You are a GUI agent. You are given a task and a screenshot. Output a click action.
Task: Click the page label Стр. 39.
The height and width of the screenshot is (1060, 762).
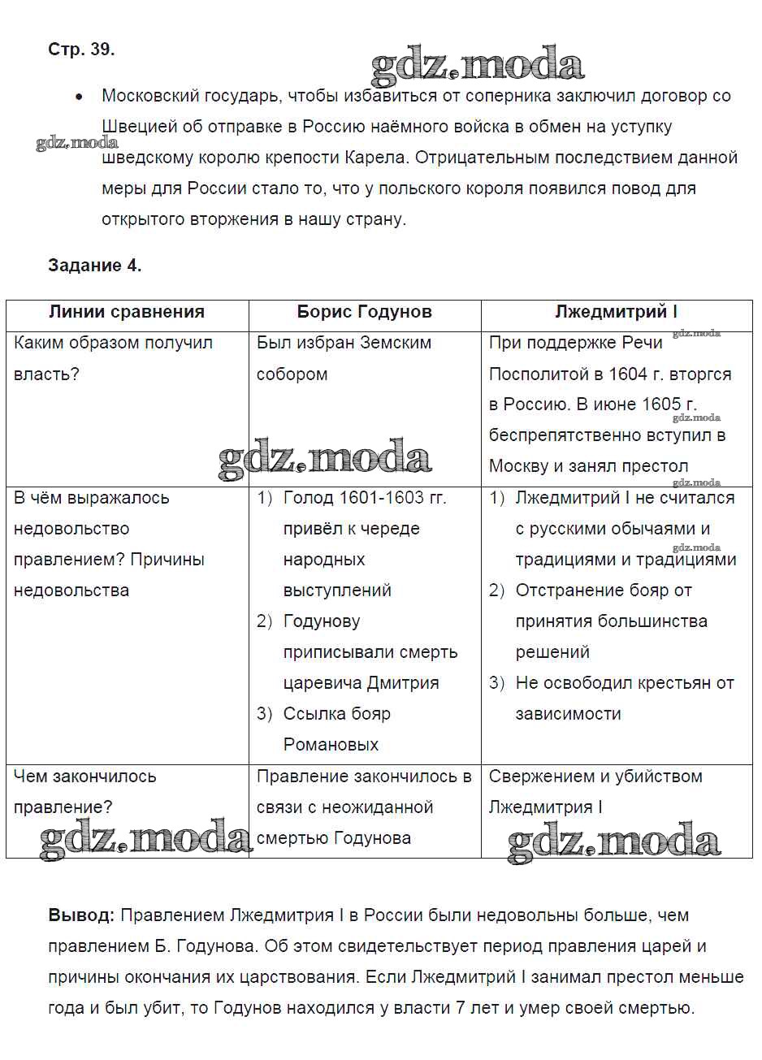click(x=81, y=50)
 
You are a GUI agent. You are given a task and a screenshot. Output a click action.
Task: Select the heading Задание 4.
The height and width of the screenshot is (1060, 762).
click(x=95, y=266)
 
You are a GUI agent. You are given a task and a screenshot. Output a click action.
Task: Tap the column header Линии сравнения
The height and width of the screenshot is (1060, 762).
click(x=127, y=312)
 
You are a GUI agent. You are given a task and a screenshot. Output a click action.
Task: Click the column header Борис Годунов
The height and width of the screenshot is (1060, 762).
click(x=364, y=312)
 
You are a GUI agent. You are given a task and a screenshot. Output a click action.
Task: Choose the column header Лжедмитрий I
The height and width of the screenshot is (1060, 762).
click(x=616, y=312)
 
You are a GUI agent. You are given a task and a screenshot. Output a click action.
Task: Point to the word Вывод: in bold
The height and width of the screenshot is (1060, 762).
click(x=81, y=915)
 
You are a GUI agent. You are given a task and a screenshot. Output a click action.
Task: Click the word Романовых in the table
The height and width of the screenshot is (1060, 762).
click(x=331, y=745)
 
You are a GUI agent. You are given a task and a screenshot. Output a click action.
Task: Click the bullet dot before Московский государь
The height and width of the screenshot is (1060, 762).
click(x=79, y=97)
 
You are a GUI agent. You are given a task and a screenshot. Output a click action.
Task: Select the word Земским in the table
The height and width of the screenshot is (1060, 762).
click(x=396, y=344)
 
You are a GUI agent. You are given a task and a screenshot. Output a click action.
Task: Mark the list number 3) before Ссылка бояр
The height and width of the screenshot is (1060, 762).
click(x=264, y=714)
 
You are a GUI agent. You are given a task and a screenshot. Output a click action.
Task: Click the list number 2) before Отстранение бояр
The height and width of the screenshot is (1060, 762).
click(x=496, y=591)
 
